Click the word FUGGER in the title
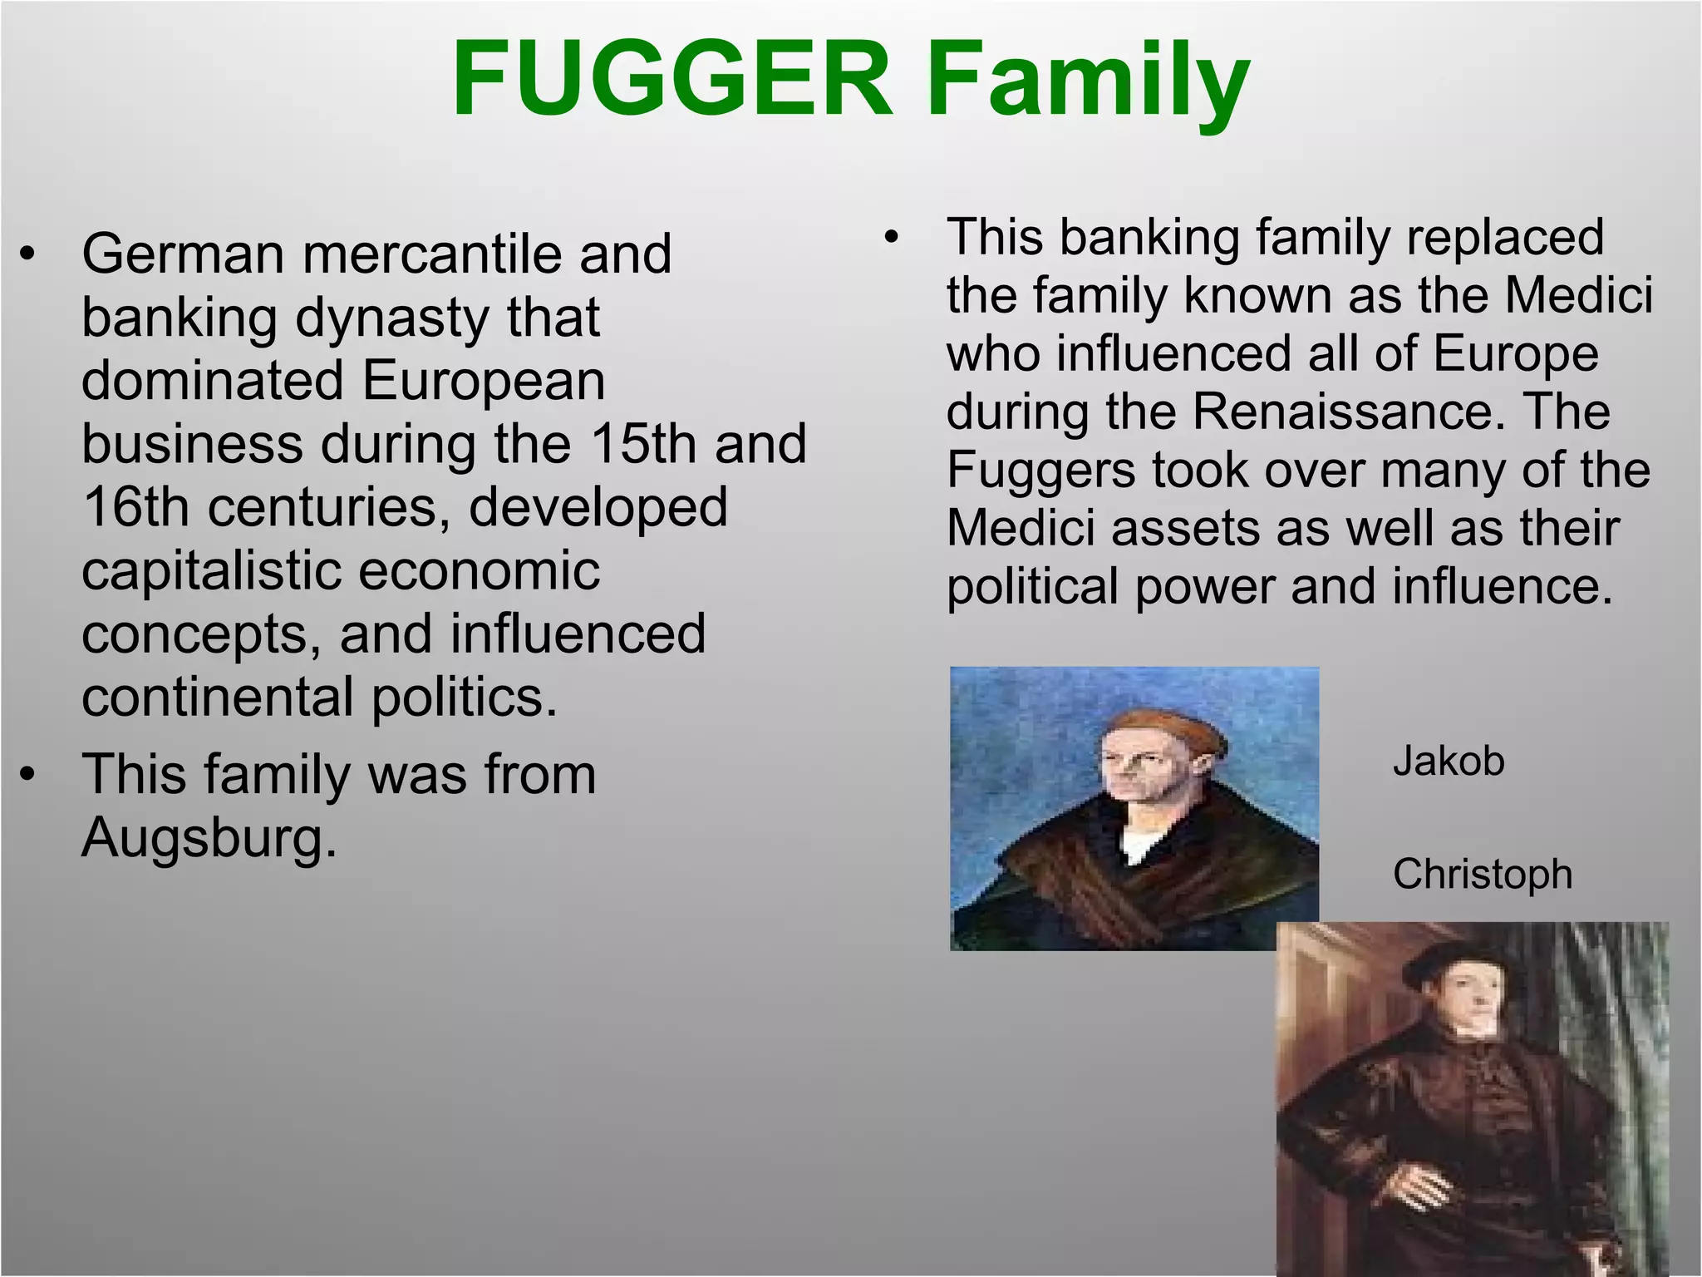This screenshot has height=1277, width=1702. (x=671, y=79)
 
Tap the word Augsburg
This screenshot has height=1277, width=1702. (x=209, y=837)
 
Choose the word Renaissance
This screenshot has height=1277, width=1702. (x=1350, y=411)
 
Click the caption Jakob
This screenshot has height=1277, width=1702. (x=1449, y=761)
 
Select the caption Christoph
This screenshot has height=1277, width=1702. (x=1483, y=874)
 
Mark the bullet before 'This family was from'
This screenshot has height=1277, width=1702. (x=28, y=775)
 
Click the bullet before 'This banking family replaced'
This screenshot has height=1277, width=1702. (x=892, y=238)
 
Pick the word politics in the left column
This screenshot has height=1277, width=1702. (x=464, y=697)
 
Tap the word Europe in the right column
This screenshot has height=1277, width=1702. (x=1516, y=353)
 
